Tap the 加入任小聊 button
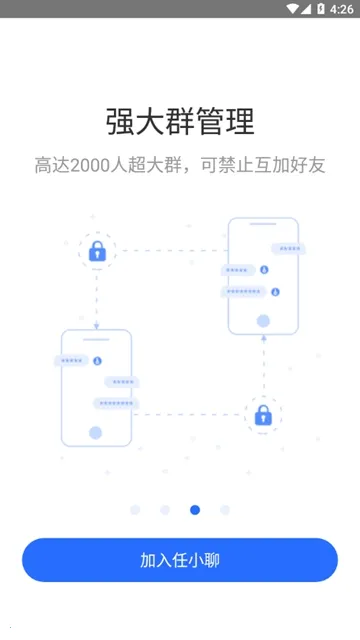coord(180,560)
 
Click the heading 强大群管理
coord(180,121)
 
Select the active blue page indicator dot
coord(195,510)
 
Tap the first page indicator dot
coord(135,510)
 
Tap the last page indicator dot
coord(225,510)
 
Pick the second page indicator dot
coord(165,510)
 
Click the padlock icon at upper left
coord(97,251)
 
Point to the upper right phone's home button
coord(263,321)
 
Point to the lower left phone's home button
coord(96,433)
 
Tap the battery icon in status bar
coord(321,8)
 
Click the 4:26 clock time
coord(342,8)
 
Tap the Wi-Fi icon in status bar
coord(292,8)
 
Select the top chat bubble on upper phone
coord(288,248)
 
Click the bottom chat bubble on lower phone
coord(115,403)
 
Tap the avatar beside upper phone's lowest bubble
coord(275,292)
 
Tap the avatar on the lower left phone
coord(97,360)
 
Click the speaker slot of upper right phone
coord(263,227)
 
